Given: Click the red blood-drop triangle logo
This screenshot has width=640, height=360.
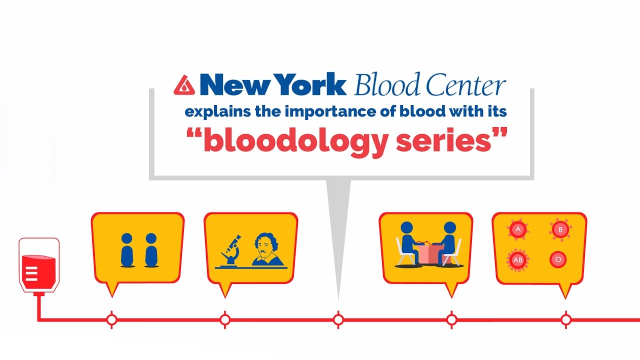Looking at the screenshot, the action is [x=184, y=85].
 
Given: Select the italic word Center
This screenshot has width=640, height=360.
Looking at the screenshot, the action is [x=466, y=84].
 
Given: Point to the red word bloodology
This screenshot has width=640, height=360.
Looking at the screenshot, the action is [x=295, y=142].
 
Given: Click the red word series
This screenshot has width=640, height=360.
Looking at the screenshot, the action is [x=443, y=141].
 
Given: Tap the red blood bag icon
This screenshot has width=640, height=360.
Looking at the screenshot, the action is [x=39, y=265].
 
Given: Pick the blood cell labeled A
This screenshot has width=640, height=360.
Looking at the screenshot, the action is [x=518, y=229].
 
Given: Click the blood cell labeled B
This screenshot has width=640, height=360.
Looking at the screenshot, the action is [x=560, y=229].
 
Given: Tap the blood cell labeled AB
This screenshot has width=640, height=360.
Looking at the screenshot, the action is [x=517, y=260].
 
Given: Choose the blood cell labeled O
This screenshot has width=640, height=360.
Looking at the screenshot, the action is [x=557, y=259].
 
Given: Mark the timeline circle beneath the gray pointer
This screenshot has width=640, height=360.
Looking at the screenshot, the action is [x=338, y=319].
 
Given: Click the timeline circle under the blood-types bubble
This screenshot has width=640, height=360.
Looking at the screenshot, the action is [x=565, y=319].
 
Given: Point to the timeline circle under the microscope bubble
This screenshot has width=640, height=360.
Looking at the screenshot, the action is [x=225, y=319].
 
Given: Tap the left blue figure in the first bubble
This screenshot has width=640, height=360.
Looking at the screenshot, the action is [x=127, y=250].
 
